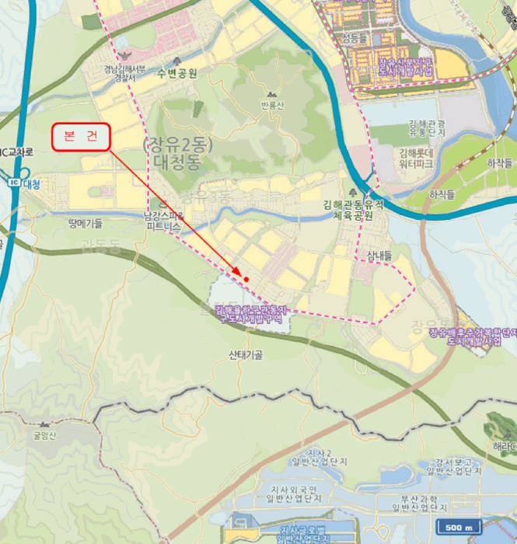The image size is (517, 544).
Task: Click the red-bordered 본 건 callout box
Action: coord(81,137)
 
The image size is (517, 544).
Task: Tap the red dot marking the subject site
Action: coord(246,278)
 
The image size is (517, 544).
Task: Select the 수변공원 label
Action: coord(176,73)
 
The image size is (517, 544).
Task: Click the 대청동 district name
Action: coord(172,163)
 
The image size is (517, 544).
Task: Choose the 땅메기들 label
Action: coord(86,223)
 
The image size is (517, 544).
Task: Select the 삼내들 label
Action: coord(377,256)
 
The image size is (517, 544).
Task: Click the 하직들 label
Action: coord(441,194)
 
